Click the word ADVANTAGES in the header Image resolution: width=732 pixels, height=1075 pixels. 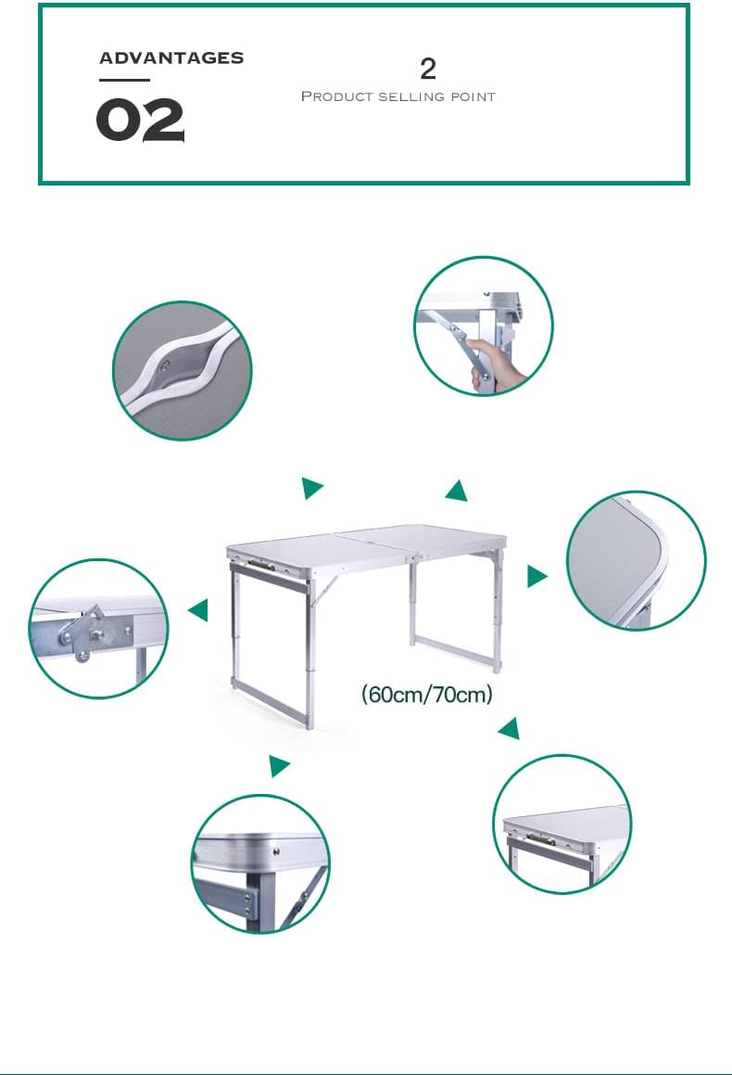point(171,58)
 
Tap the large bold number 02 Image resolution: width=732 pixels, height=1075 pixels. point(140,120)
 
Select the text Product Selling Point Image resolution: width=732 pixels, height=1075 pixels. point(398,96)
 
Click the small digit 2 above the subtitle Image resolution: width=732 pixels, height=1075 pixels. point(428,69)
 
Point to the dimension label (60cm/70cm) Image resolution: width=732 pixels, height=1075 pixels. point(426,694)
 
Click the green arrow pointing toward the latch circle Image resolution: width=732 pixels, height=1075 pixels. point(198,609)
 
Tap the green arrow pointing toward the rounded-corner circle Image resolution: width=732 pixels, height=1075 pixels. point(536,576)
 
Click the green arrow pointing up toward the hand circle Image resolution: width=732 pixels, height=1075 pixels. point(457,491)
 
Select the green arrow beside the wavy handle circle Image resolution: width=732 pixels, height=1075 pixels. point(311,488)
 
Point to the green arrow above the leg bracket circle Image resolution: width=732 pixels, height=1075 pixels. point(279,765)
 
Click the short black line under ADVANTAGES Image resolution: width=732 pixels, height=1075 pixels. point(124,80)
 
